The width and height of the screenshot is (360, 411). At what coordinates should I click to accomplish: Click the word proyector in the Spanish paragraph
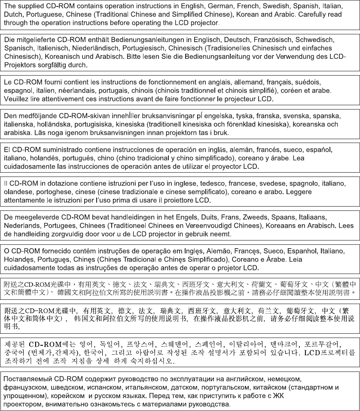pos(228,166)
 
